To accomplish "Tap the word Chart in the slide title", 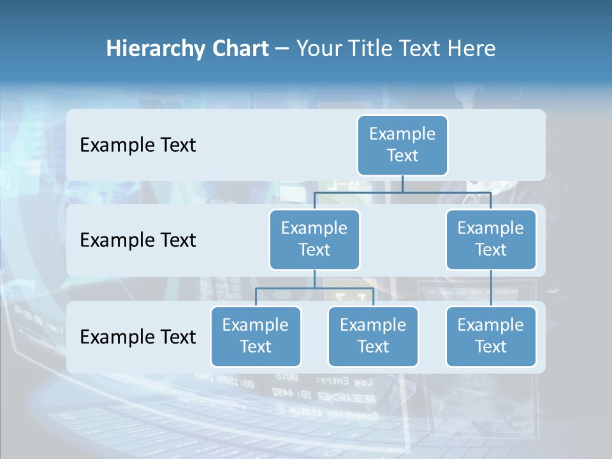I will click(x=240, y=49).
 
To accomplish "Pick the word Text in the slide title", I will click(x=422, y=49).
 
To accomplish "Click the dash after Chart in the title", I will click(x=282, y=49).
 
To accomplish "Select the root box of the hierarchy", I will click(x=402, y=145).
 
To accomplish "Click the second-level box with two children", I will click(x=314, y=239).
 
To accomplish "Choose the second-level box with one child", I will click(x=490, y=239).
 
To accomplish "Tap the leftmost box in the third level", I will click(x=256, y=336).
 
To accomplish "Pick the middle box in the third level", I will click(x=373, y=336).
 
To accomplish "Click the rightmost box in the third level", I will click(x=490, y=336).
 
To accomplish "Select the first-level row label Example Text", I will click(x=138, y=145).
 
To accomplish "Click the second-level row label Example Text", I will click(x=138, y=240).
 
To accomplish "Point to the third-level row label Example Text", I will click(x=138, y=337).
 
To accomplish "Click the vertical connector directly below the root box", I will click(x=402, y=184).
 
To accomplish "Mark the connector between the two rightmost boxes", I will click(x=490, y=288).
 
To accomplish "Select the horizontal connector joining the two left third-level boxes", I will click(x=314, y=288).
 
